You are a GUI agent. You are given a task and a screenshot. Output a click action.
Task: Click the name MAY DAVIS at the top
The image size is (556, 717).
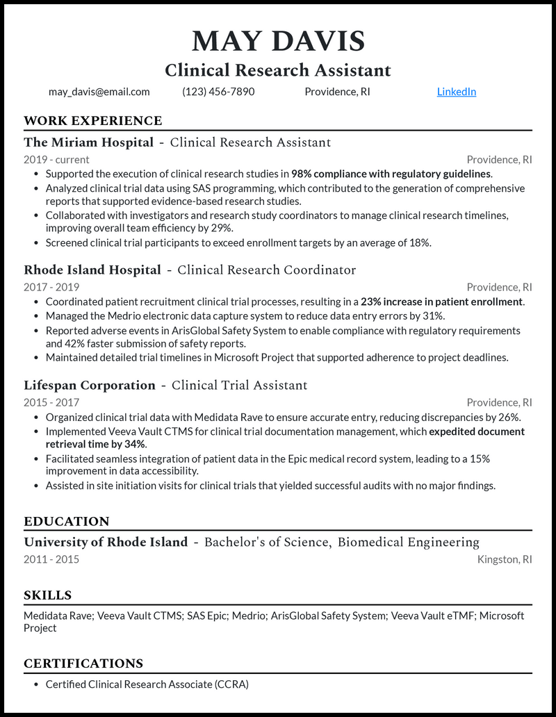278,41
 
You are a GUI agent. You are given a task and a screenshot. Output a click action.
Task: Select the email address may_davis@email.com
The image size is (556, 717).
99,92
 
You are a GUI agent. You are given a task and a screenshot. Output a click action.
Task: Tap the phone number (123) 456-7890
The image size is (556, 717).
218,92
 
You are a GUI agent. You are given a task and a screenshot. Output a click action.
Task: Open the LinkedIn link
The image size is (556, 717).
457,92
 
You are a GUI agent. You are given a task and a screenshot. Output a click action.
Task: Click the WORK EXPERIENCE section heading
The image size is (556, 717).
92,121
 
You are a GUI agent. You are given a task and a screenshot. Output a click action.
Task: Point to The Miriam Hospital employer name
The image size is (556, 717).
88,142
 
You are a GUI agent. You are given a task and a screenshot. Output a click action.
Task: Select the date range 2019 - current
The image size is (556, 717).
56,160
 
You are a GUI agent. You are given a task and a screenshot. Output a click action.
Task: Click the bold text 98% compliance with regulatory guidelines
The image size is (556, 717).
391,174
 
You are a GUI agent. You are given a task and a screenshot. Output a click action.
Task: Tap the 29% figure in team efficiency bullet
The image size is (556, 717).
220,228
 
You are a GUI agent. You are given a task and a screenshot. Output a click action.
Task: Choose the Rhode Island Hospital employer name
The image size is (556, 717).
92,270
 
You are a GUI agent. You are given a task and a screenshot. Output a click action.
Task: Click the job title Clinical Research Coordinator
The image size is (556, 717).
267,270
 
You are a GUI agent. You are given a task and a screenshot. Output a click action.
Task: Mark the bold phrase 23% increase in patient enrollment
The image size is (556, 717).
442,302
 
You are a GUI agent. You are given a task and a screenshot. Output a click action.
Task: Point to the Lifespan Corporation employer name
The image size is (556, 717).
90,386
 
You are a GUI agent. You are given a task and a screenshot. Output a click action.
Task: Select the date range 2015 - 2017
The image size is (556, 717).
51,402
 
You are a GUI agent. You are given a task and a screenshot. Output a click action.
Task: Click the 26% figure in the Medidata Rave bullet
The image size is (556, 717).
509,417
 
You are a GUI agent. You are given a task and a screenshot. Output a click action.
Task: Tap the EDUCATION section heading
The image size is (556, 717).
67,522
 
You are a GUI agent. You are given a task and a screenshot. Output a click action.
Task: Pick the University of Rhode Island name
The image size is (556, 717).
106,543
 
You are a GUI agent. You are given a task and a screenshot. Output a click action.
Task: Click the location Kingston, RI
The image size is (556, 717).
505,559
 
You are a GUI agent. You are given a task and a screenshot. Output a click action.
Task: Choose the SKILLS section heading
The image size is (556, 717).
47,595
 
